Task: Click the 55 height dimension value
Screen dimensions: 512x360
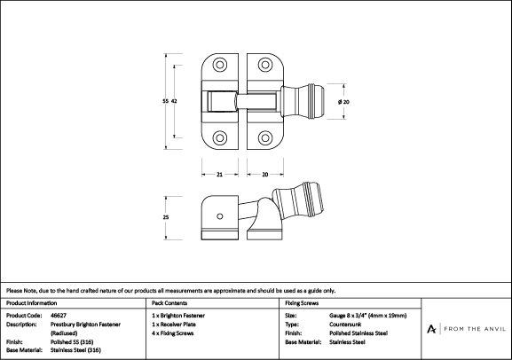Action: click(166, 101)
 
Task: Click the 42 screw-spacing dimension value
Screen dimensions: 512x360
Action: click(174, 101)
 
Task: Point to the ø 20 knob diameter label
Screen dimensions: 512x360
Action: click(343, 102)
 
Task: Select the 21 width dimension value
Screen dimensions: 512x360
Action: click(219, 175)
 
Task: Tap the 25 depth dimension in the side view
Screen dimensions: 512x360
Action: click(166, 217)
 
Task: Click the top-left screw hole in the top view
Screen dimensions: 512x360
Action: click(220, 65)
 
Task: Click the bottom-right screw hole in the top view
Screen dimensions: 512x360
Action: click(264, 137)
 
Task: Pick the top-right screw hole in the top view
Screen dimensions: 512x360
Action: click(264, 65)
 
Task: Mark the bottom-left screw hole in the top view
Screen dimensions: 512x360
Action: click(220, 137)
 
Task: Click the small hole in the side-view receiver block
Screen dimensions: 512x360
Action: click(220, 216)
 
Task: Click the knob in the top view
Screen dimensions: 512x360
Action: click(303, 101)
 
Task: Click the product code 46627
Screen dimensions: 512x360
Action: click(59, 316)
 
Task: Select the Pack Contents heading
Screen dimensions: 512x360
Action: click(169, 303)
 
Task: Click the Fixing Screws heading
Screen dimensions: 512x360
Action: click(302, 303)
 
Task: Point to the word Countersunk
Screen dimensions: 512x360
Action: click(345, 325)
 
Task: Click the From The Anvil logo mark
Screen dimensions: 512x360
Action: click(431, 329)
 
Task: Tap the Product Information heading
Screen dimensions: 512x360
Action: click(31, 303)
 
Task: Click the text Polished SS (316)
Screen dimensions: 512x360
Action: click(72, 342)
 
